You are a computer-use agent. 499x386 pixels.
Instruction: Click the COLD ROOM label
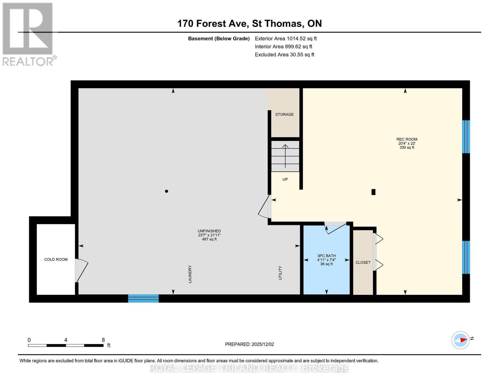[x=56, y=259]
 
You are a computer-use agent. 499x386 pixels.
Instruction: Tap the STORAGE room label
[x=284, y=114]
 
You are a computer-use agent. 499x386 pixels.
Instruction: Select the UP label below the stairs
[x=285, y=179]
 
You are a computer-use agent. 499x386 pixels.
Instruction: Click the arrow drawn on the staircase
[x=285, y=156]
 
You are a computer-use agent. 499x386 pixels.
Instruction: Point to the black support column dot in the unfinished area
[x=166, y=191]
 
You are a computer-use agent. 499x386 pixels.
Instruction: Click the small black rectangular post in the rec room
[x=373, y=192]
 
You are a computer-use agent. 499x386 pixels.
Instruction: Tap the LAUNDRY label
[x=190, y=274]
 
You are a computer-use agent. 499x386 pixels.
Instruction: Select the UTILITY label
[x=280, y=273]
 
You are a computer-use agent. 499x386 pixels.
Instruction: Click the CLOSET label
[x=363, y=262]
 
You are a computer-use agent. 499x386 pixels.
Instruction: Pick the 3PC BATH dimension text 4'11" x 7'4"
[x=326, y=260]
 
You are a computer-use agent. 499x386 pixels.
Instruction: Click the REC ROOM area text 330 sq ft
[x=407, y=147]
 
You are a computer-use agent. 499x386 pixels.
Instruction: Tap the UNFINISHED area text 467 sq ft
[x=209, y=239]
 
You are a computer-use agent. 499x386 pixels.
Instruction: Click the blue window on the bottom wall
[x=143, y=299]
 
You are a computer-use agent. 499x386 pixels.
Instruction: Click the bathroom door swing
[x=335, y=228]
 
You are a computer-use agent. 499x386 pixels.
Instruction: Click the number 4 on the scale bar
[x=66, y=340]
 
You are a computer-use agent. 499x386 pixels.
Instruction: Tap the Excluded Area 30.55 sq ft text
[x=284, y=55]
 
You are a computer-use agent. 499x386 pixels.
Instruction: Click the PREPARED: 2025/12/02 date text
[x=249, y=344]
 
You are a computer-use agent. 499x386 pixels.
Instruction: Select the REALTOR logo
[x=29, y=34]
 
